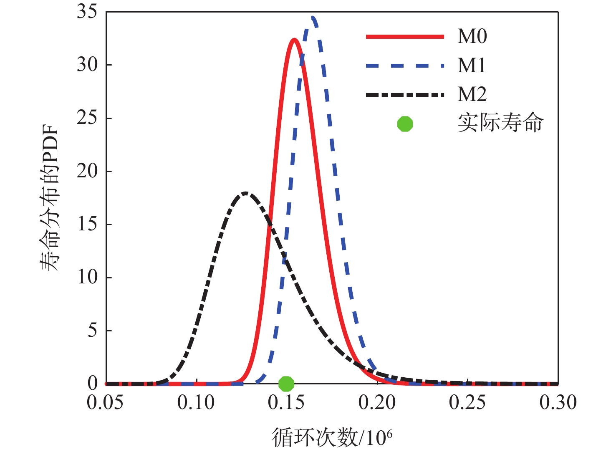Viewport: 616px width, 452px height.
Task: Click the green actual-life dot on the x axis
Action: click(x=286, y=383)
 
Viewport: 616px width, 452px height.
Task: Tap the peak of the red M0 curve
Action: click(x=294, y=40)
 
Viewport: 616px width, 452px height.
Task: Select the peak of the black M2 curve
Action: click(x=246, y=193)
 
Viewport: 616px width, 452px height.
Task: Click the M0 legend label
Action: click(x=472, y=37)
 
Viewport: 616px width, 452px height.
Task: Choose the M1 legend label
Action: click(x=472, y=66)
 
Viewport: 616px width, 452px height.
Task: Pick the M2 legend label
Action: click(x=472, y=94)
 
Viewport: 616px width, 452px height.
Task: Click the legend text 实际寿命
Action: click(x=500, y=124)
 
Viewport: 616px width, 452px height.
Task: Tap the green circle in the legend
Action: click(x=405, y=124)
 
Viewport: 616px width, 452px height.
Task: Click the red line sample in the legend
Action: click(x=405, y=37)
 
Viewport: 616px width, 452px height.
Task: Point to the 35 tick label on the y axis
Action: click(x=87, y=12)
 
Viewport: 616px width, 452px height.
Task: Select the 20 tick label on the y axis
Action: click(x=87, y=171)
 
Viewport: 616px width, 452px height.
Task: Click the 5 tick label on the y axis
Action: click(x=92, y=330)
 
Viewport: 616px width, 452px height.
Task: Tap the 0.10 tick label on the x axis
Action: click(x=196, y=403)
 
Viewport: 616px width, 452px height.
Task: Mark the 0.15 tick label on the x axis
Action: click(x=286, y=403)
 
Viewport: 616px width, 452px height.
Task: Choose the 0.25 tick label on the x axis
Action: click(x=467, y=403)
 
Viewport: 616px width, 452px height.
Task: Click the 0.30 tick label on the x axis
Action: click(x=558, y=403)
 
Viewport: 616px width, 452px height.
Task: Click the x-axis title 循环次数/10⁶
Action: click(x=332, y=437)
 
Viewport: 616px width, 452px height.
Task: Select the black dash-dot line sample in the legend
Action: click(x=405, y=95)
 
